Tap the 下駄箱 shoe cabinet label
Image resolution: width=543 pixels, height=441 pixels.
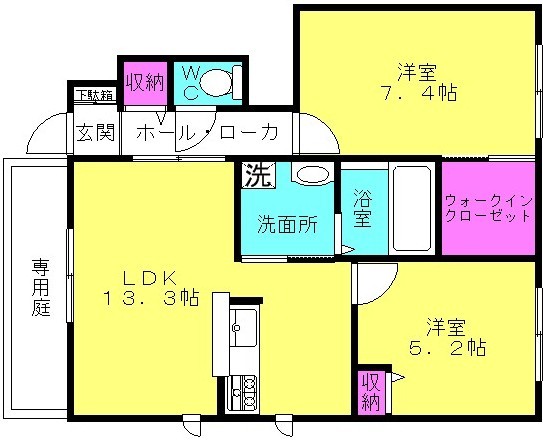point(95,95)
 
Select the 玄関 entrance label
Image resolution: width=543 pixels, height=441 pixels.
point(95,132)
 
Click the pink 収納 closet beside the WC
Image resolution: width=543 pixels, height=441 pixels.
point(145,83)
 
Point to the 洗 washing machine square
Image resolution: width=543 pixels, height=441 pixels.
point(258,175)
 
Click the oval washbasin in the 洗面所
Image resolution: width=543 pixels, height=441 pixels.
point(313,174)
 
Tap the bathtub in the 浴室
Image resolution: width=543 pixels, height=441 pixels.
point(412,207)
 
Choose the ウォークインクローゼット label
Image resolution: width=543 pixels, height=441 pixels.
point(488,209)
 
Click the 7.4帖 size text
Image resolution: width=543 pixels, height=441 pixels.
point(419,92)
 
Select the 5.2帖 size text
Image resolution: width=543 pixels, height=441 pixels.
point(447,347)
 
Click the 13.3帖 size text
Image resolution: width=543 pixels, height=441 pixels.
point(151,297)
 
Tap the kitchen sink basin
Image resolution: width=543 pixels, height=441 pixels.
point(243,327)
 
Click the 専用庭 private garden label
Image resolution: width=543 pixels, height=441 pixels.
point(41,287)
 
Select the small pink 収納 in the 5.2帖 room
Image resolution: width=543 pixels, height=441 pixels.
point(371,392)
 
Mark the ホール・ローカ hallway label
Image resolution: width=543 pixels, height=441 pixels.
point(207,133)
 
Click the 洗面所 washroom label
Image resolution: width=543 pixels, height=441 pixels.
point(287,225)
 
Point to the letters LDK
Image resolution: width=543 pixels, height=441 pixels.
point(151,277)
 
